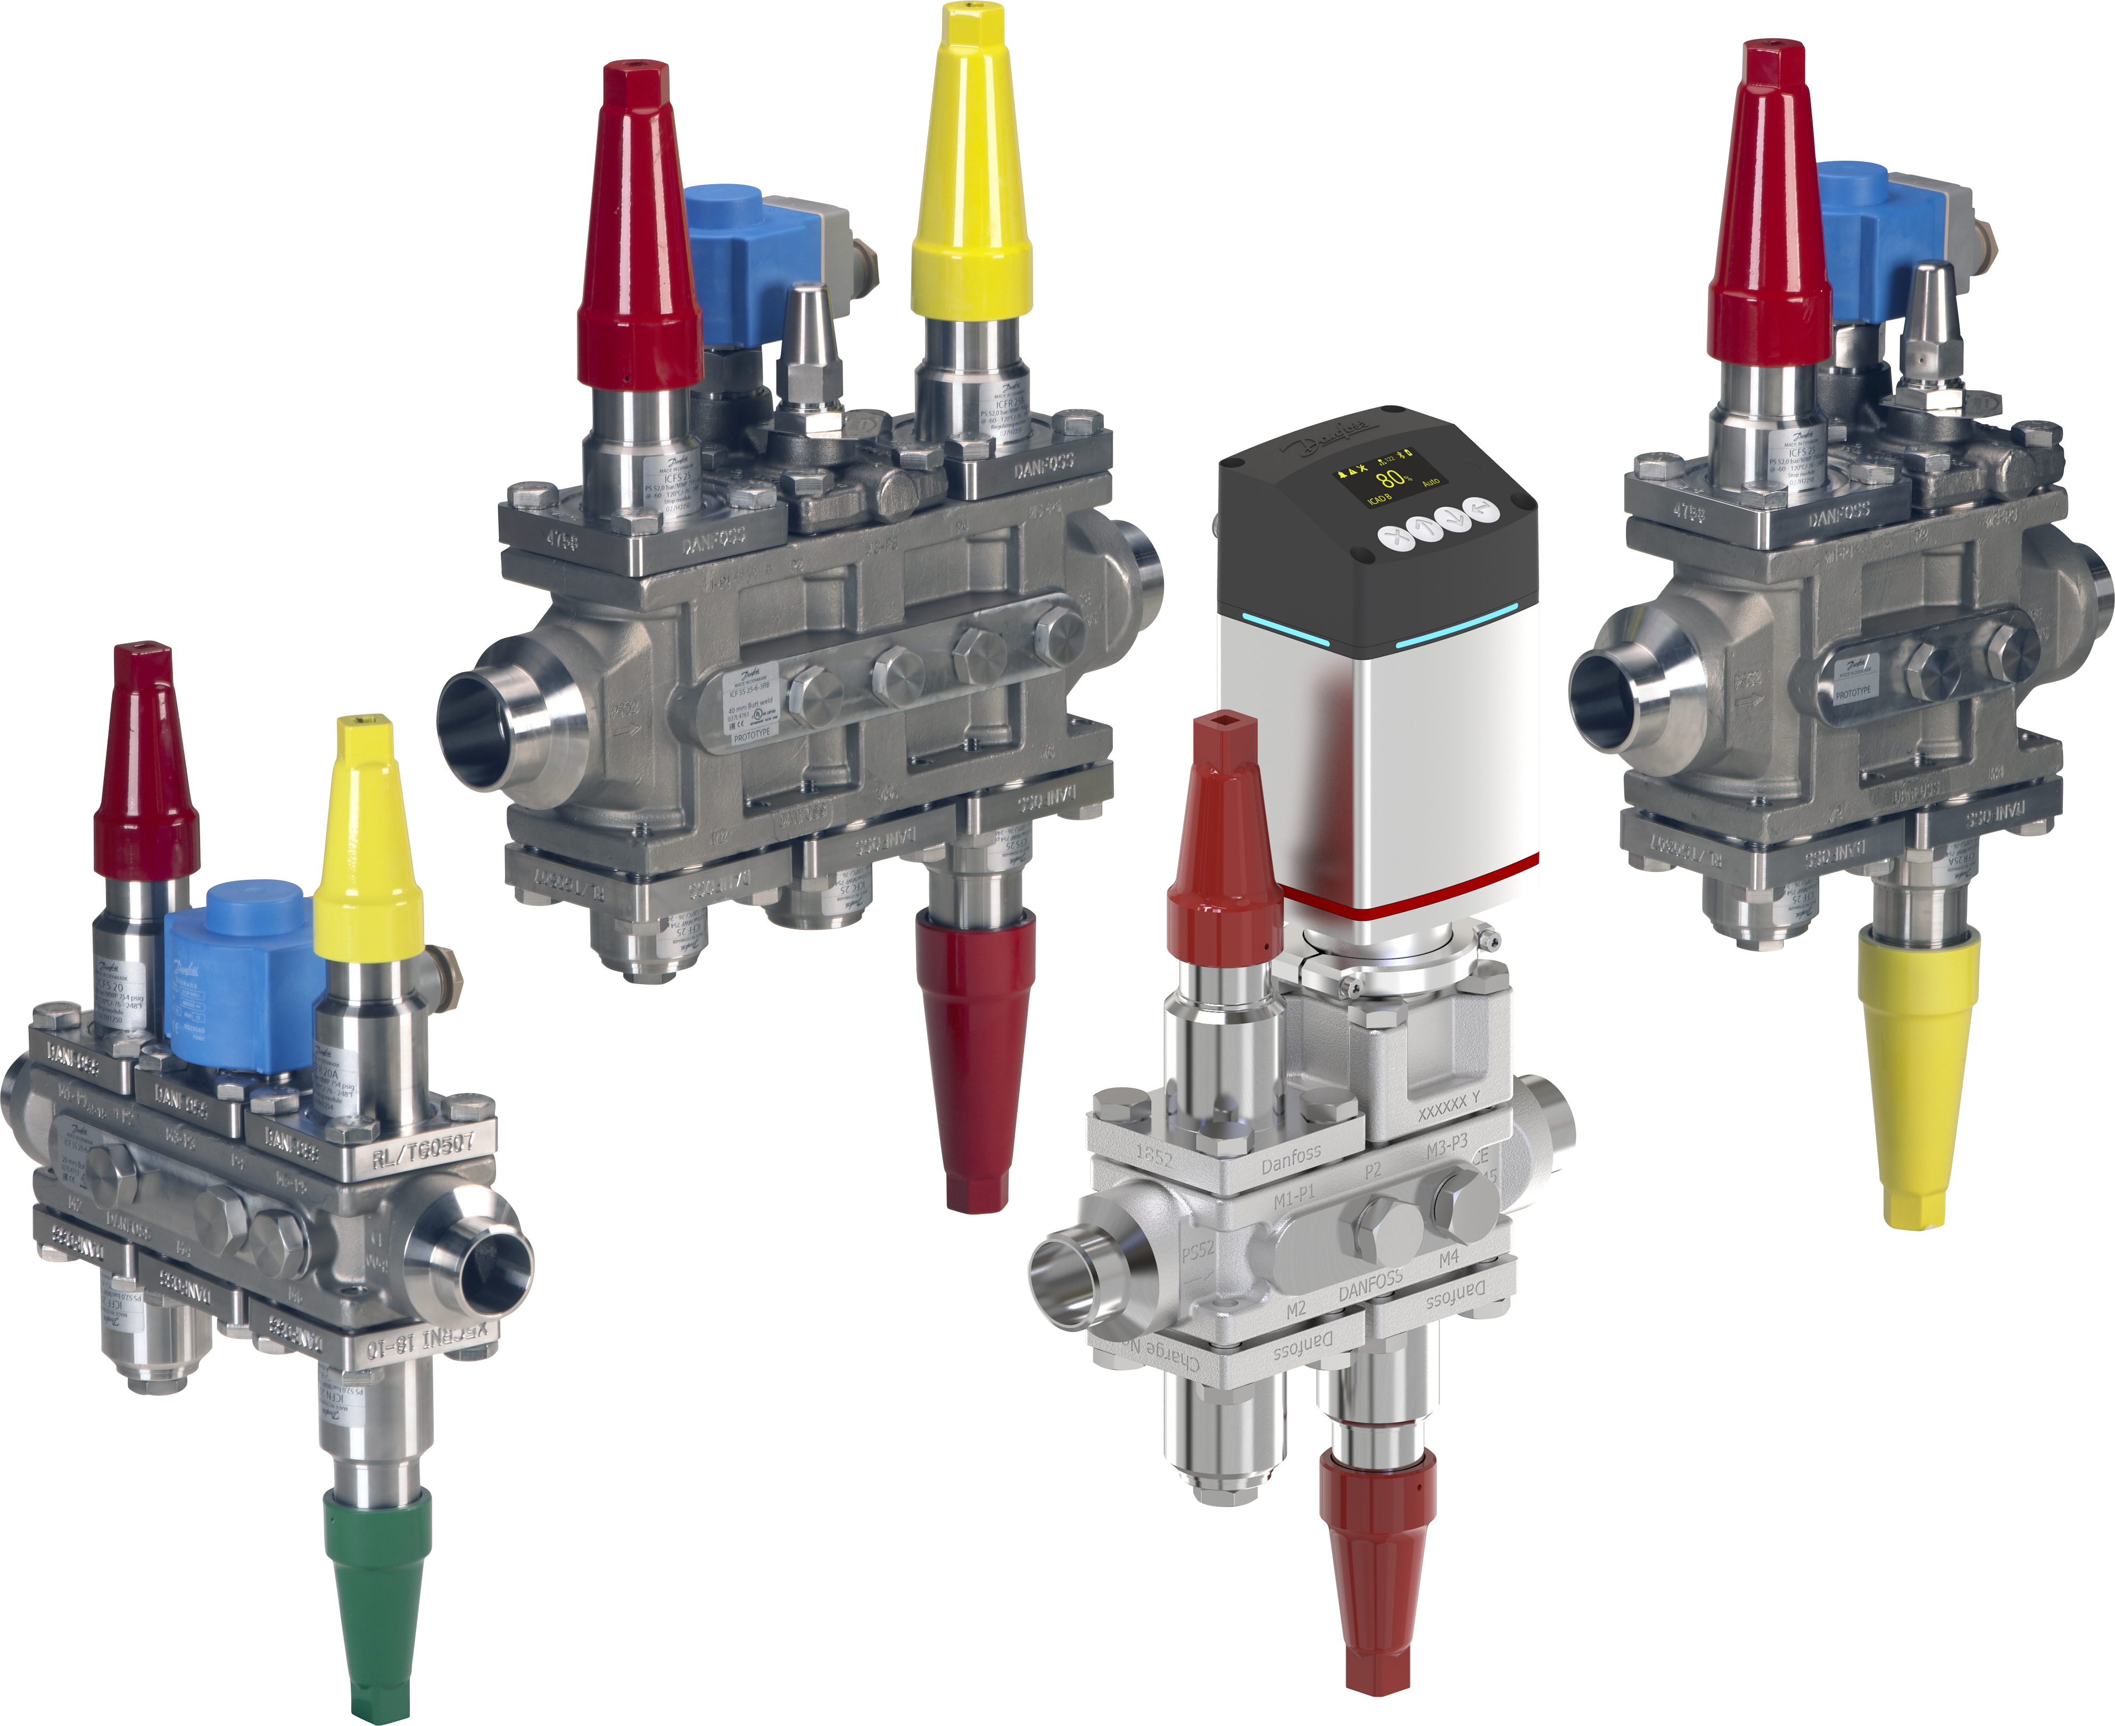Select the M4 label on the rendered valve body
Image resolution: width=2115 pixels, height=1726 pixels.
click(x=1449, y=1258)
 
